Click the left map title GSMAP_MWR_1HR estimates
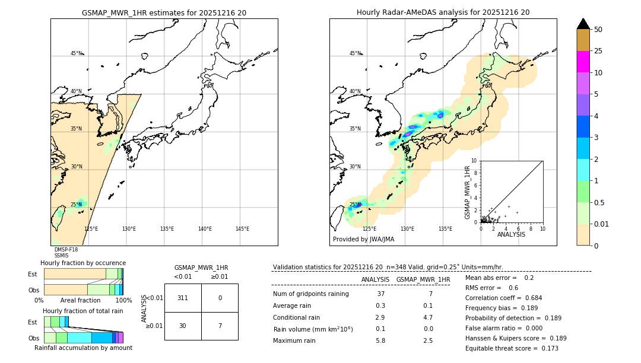pyautogui.click(x=164, y=12)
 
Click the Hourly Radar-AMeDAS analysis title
pyautogui.click(x=443, y=12)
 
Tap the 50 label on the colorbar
pyautogui.click(x=598, y=30)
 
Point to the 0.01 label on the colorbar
pyautogui.click(x=602, y=224)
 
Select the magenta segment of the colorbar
pyautogui.click(x=583, y=62)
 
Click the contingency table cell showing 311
pyautogui.click(x=183, y=298)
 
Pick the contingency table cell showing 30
pyautogui.click(x=183, y=326)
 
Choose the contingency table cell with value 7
pyautogui.click(x=220, y=326)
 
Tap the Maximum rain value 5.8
pyautogui.click(x=380, y=340)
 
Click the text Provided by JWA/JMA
pyautogui.click(x=363, y=240)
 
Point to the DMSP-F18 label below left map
pyautogui.click(x=66, y=250)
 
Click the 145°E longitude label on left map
pyautogui.click(x=242, y=229)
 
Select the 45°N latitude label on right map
pyautogui.click(x=355, y=53)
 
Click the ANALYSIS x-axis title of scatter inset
pyautogui.click(x=511, y=234)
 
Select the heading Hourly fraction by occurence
pyautogui.click(x=83, y=263)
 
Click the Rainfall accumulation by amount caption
pyautogui.click(x=84, y=348)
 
